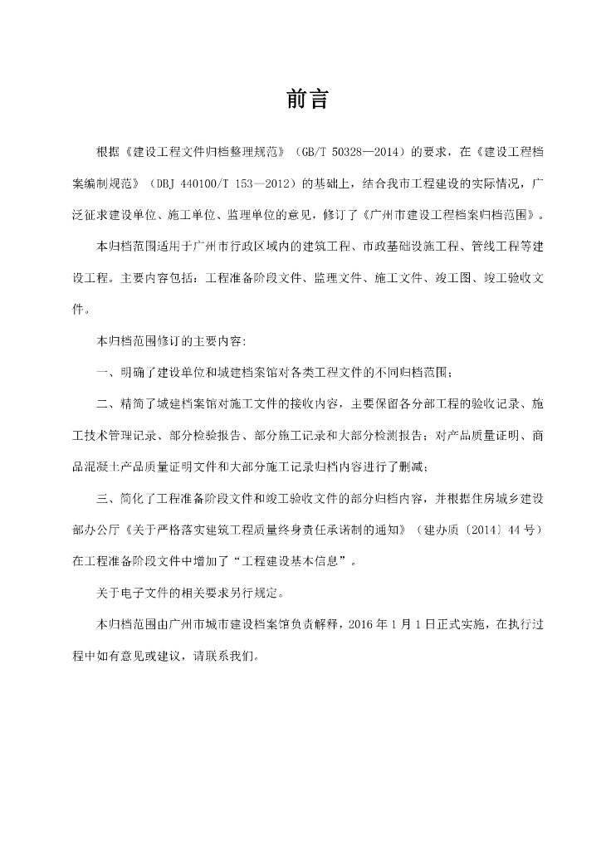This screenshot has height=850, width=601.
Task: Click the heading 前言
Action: (308, 100)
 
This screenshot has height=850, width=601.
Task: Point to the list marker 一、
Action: (107, 372)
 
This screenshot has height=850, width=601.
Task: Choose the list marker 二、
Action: (107, 403)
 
